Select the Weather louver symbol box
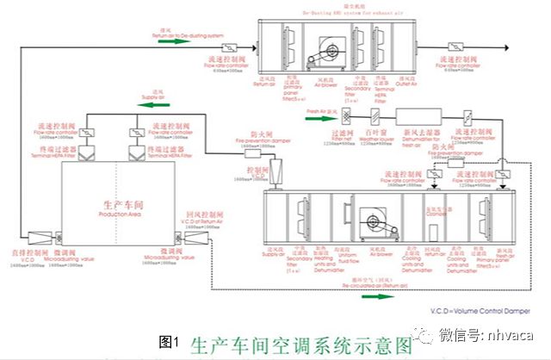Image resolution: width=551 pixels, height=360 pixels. click(376, 115)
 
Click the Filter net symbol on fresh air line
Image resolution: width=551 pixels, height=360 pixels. click(344, 115)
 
